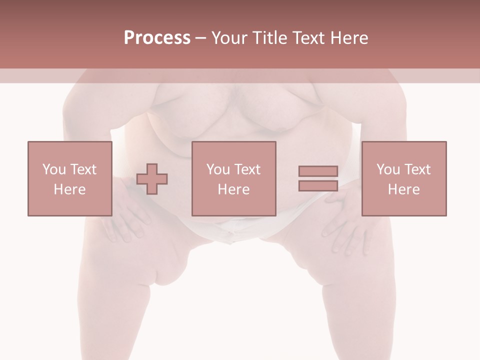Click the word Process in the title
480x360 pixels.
(x=157, y=38)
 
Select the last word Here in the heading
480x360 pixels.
(x=350, y=38)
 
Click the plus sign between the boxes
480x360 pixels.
(x=152, y=178)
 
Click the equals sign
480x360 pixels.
(x=318, y=178)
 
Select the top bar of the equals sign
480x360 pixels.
(x=318, y=171)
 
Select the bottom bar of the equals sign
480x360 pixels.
(x=318, y=185)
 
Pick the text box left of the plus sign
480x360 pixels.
(x=69, y=178)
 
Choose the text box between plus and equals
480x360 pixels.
(x=233, y=178)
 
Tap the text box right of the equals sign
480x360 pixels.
(x=403, y=178)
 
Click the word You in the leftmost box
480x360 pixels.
(x=53, y=169)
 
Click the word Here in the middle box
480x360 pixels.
(x=233, y=189)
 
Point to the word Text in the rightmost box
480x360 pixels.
(x=416, y=169)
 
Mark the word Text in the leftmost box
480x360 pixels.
(x=82, y=169)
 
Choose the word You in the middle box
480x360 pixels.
(x=217, y=169)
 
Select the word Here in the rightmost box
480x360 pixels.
(x=403, y=189)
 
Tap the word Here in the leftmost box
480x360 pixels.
(x=69, y=189)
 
